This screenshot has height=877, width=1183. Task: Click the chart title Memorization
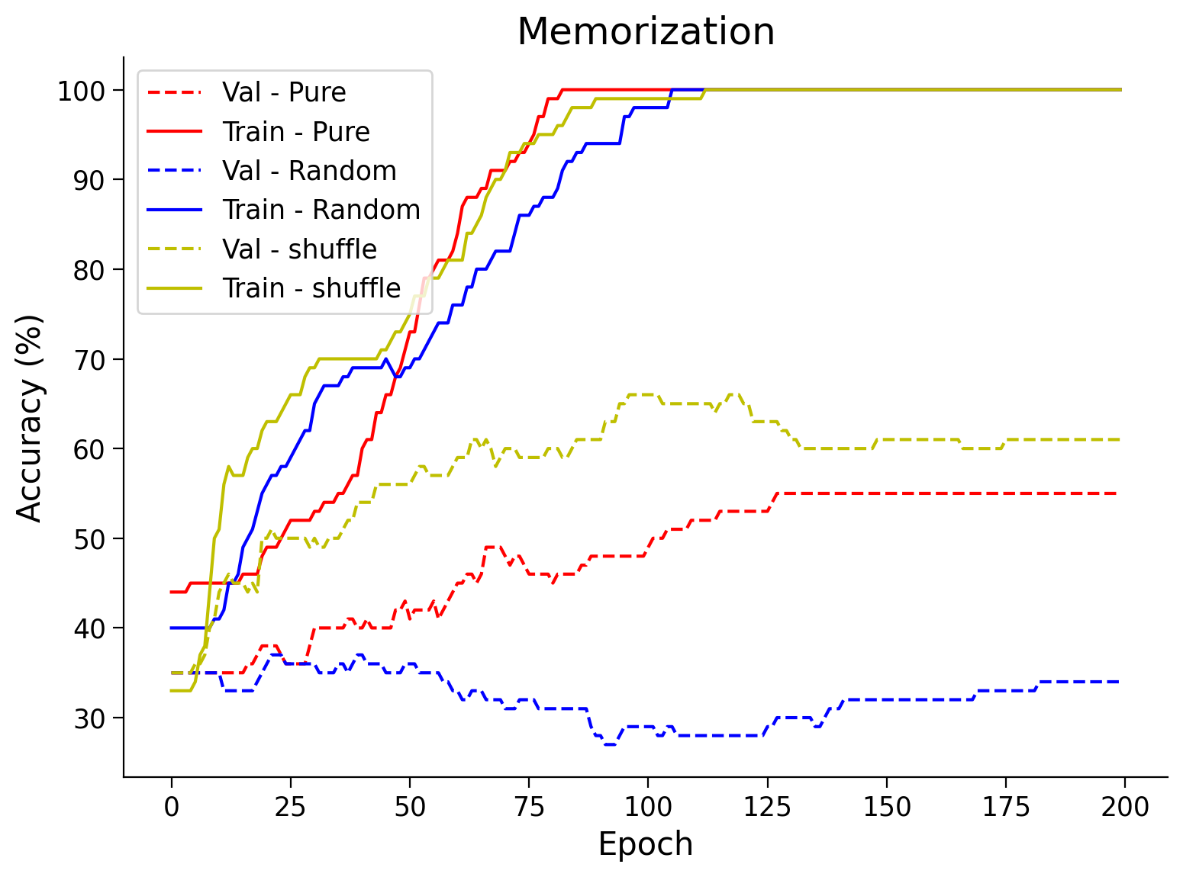tap(646, 32)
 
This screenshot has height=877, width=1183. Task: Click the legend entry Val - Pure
tap(284, 92)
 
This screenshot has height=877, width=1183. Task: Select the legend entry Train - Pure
tap(296, 132)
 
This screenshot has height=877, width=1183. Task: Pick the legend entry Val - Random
tap(309, 171)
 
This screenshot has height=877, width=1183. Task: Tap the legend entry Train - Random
tap(321, 210)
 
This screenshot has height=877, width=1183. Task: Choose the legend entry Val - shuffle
tap(299, 249)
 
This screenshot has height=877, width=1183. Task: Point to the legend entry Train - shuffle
tap(311, 288)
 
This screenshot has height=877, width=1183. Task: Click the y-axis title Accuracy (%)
tap(31, 417)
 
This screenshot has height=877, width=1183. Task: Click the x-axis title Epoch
tap(646, 844)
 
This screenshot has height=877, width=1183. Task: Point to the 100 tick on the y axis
tap(81, 91)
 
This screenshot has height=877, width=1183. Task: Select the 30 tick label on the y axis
tap(90, 718)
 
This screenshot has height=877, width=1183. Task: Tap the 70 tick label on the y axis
tap(90, 359)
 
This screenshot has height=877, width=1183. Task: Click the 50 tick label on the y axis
tap(90, 538)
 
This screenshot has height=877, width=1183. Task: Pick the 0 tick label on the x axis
tap(172, 806)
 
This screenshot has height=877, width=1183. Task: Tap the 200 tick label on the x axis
tap(1125, 806)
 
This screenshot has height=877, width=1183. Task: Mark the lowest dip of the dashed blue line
tap(610, 744)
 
